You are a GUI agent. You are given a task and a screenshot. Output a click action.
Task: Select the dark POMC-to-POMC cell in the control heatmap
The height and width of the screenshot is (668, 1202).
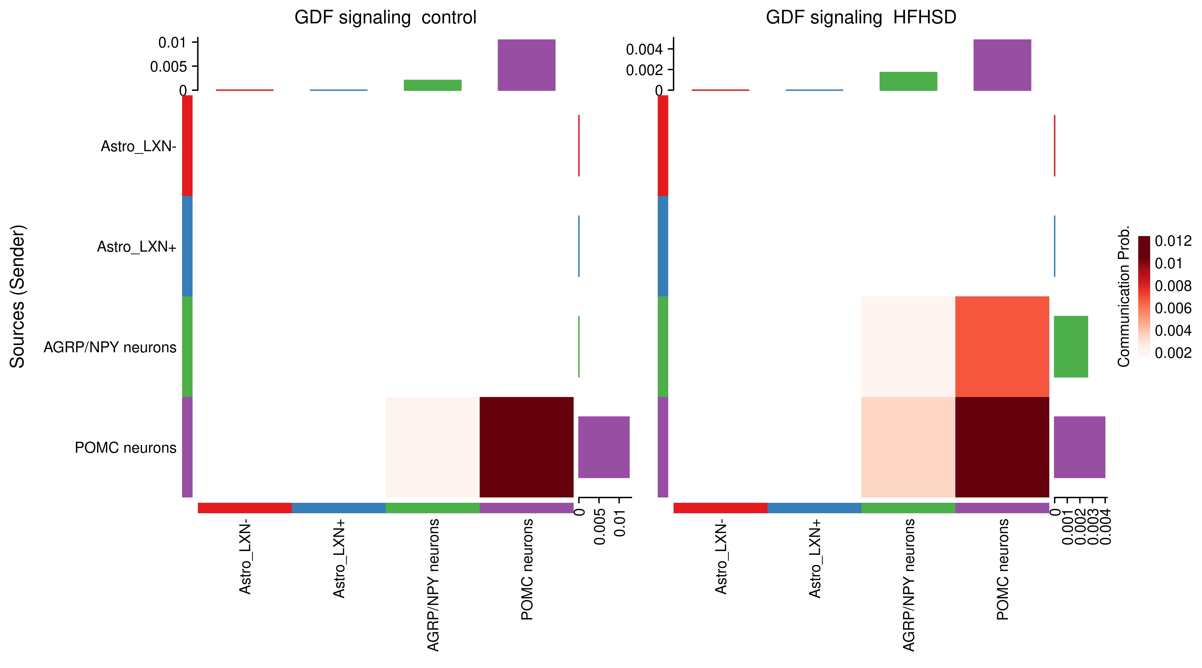coord(526,447)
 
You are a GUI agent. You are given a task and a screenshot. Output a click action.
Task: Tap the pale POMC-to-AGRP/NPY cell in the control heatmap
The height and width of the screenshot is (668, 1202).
coord(432,447)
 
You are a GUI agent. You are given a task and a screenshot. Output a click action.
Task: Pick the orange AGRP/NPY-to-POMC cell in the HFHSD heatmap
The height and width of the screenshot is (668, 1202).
coord(1002,346)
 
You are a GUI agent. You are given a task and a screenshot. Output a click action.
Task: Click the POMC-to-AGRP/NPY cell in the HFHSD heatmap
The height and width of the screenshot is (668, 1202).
coord(908,447)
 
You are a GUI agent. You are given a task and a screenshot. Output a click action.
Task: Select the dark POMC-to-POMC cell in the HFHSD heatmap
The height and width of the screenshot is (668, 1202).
coord(1002,447)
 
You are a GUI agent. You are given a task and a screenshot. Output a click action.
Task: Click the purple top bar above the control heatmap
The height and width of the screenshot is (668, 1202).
coord(526,65)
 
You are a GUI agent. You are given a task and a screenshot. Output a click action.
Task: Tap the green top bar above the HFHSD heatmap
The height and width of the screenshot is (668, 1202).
coord(908,81)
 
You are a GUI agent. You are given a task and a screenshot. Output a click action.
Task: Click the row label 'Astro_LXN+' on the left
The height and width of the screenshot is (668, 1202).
coord(136,246)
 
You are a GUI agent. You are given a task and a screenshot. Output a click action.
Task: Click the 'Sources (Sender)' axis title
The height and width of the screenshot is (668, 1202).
coord(18,297)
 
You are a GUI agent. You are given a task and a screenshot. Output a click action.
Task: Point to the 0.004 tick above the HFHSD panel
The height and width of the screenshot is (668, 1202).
coord(644,49)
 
